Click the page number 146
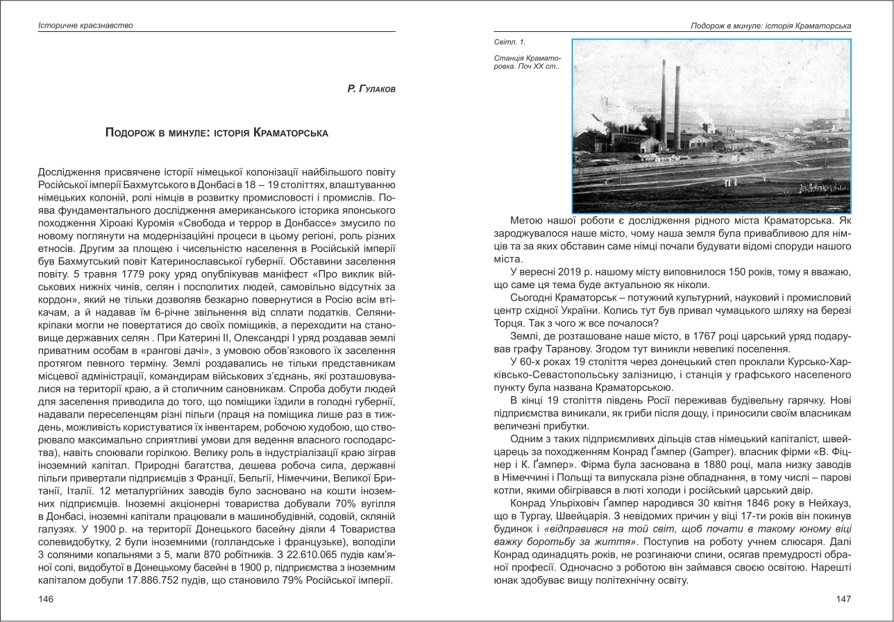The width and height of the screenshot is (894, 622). pos(46,598)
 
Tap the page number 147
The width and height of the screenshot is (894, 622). pos(843,598)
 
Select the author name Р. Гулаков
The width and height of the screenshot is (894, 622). pos(371,89)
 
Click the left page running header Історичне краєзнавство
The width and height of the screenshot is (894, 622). pos(85,26)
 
